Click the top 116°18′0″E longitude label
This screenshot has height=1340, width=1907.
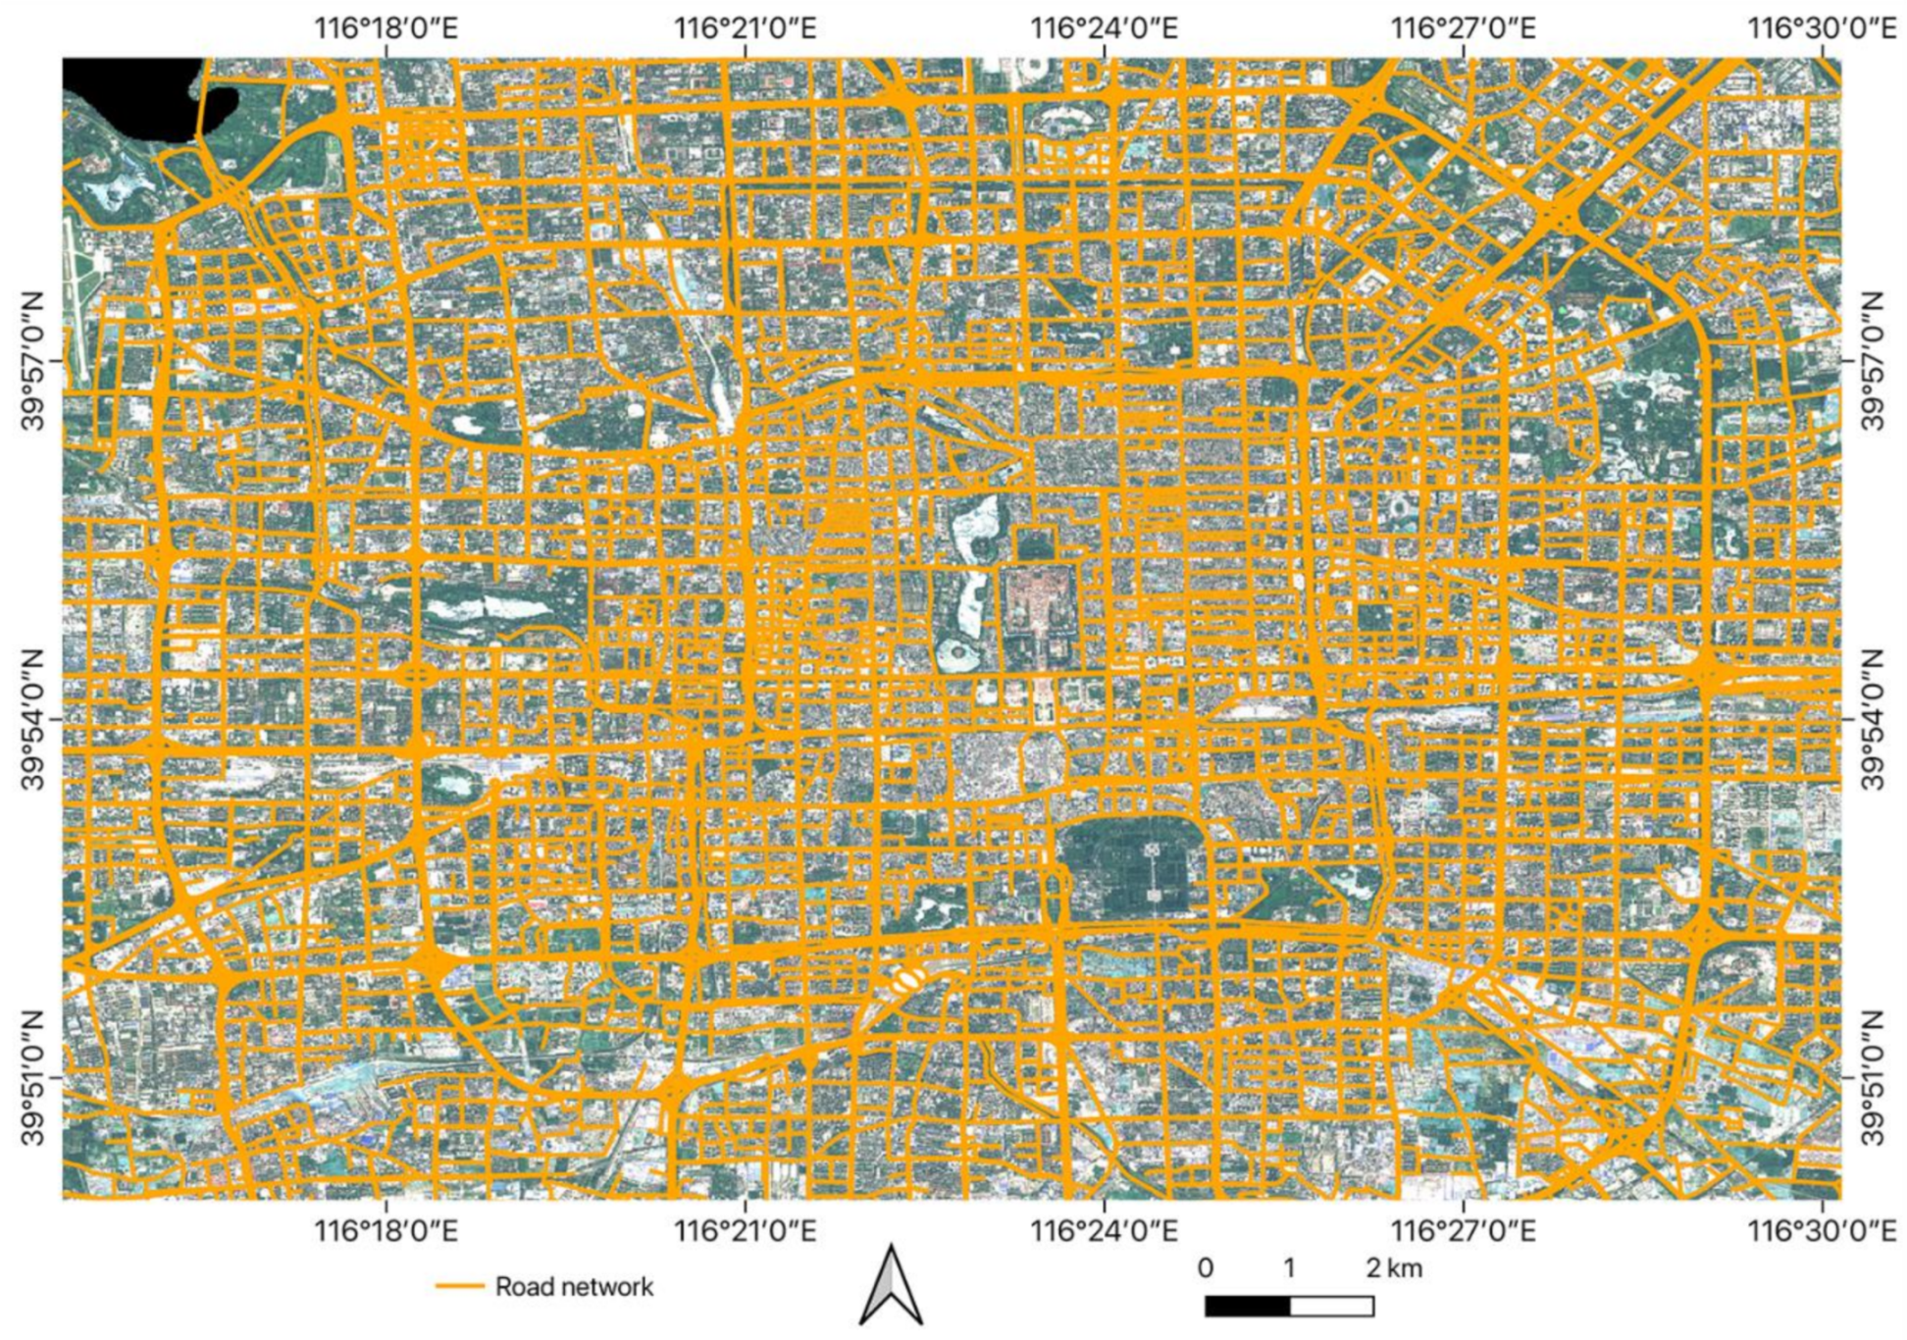[386, 27]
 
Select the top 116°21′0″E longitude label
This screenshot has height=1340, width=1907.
[745, 27]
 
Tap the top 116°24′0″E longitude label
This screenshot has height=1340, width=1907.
[1104, 27]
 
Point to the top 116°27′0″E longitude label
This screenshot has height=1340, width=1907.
[1463, 27]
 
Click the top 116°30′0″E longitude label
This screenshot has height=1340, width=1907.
[1823, 27]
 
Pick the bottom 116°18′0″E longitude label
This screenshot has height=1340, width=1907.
[386, 1230]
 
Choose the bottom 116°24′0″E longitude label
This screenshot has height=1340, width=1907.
[1104, 1230]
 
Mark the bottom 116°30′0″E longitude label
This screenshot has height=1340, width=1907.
[1823, 1230]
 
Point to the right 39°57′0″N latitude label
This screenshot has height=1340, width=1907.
[1873, 360]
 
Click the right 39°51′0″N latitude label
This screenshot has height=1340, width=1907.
[1873, 1077]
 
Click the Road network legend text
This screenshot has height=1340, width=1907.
[574, 1286]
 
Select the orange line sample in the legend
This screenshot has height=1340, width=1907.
[460, 1286]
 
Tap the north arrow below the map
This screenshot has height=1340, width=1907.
[891, 1285]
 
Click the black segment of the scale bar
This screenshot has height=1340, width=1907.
[1247, 1307]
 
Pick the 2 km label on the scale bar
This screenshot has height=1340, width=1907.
[1394, 1268]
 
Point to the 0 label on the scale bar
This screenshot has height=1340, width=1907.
[1205, 1268]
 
